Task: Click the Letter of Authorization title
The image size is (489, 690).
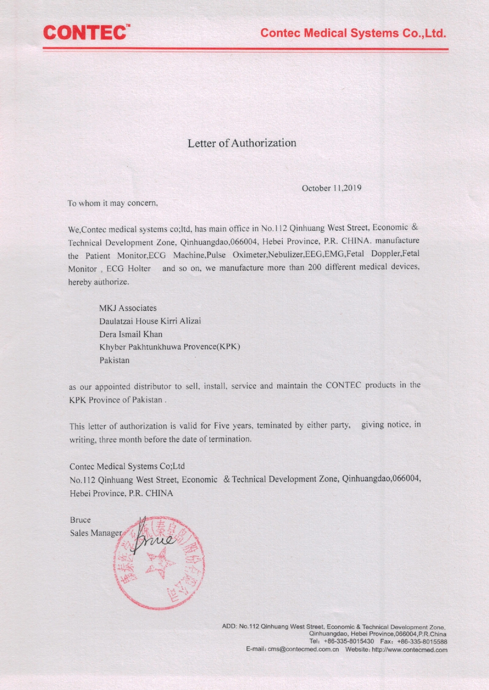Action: pyautogui.click(x=242, y=143)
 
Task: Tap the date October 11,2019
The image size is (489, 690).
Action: pyautogui.click(x=331, y=188)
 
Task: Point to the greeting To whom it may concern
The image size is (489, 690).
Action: pyautogui.click(x=112, y=203)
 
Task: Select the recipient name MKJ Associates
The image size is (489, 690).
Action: pyautogui.click(x=128, y=308)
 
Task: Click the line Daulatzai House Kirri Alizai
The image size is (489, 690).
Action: pyautogui.click(x=150, y=321)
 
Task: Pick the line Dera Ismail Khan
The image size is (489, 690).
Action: pyautogui.click(x=131, y=334)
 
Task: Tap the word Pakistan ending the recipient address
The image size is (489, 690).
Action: pyautogui.click(x=114, y=360)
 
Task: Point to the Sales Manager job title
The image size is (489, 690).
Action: pyautogui.click(x=96, y=533)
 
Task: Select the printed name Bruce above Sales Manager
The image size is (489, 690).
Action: pyautogui.click(x=80, y=520)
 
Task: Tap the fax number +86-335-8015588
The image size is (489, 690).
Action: pyautogui.click(x=422, y=642)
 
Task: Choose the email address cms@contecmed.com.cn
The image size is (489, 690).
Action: pyautogui.click(x=303, y=649)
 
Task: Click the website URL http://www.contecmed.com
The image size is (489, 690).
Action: pyautogui.click(x=409, y=649)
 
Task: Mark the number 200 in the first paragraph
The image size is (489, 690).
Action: pyautogui.click(x=315, y=267)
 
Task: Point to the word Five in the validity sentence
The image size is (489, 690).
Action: pyautogui.click(x=222, y=426)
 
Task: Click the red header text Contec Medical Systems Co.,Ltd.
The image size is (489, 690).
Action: pyautogui.click(x=353, y=33)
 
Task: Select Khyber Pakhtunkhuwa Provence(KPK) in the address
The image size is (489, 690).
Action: pyautogui.click(x=170, y=347)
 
